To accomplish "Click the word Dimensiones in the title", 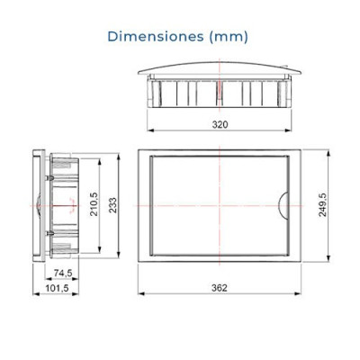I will [154, 37].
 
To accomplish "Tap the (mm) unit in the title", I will [227, 37].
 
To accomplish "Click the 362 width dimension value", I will [220, 286].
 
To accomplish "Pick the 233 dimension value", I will [112, 205].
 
